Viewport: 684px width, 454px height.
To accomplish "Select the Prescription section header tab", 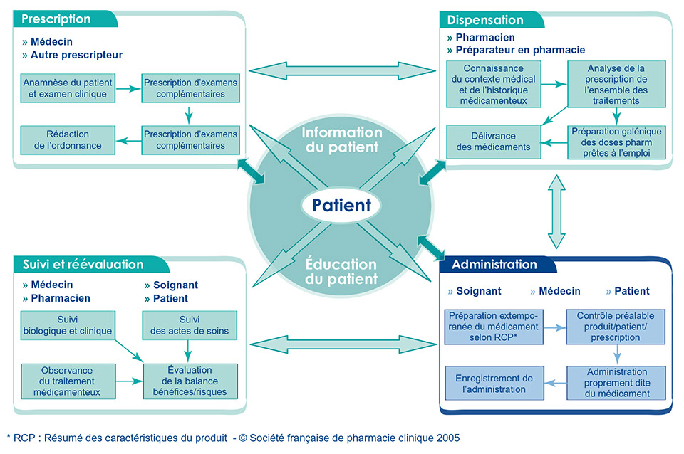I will (57, 19).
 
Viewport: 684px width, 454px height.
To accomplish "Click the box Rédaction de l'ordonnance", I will (69, 139).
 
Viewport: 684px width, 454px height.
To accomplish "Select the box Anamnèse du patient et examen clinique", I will (69, 88).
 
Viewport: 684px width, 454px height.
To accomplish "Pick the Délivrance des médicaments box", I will (492, 141).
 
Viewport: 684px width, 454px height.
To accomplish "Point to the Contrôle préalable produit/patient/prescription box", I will (616, 326).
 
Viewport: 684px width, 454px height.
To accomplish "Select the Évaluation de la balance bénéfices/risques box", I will (190, 380).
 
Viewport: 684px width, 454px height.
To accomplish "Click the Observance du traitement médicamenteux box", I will (68, 380).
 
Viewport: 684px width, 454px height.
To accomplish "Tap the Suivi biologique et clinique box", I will (68, 325).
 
